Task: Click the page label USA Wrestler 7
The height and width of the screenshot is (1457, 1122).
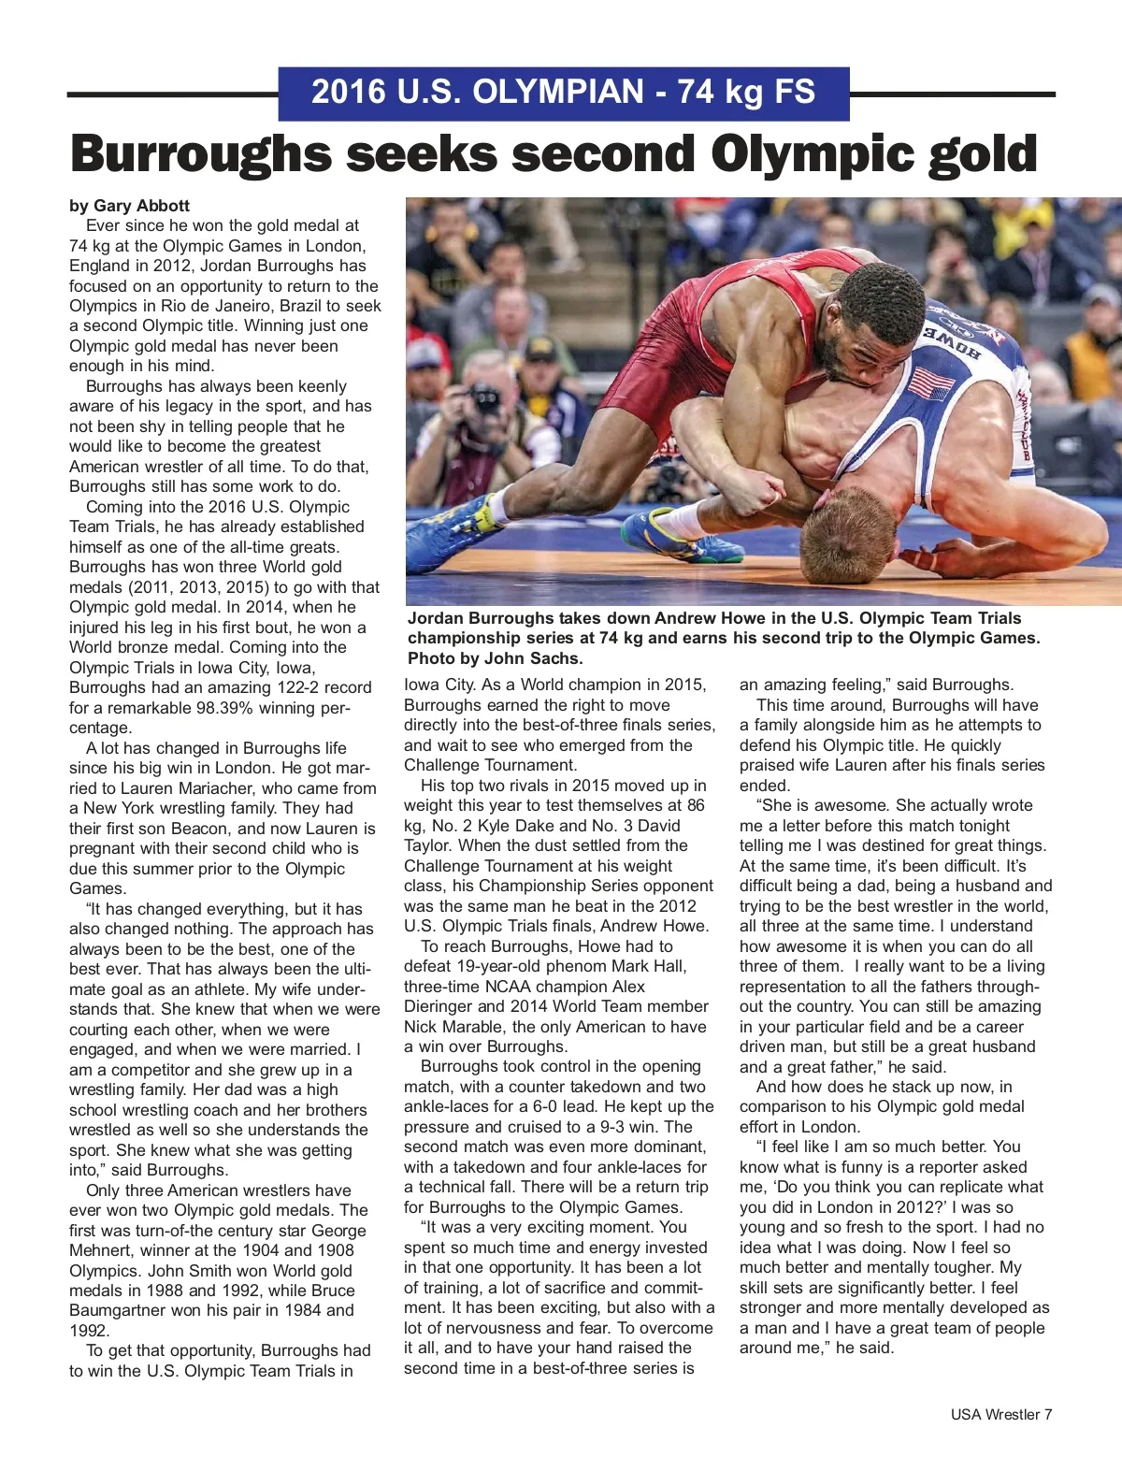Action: click(x=1001, y=1414)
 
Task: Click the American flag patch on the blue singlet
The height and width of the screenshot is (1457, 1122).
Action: click(x=929, y=382)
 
